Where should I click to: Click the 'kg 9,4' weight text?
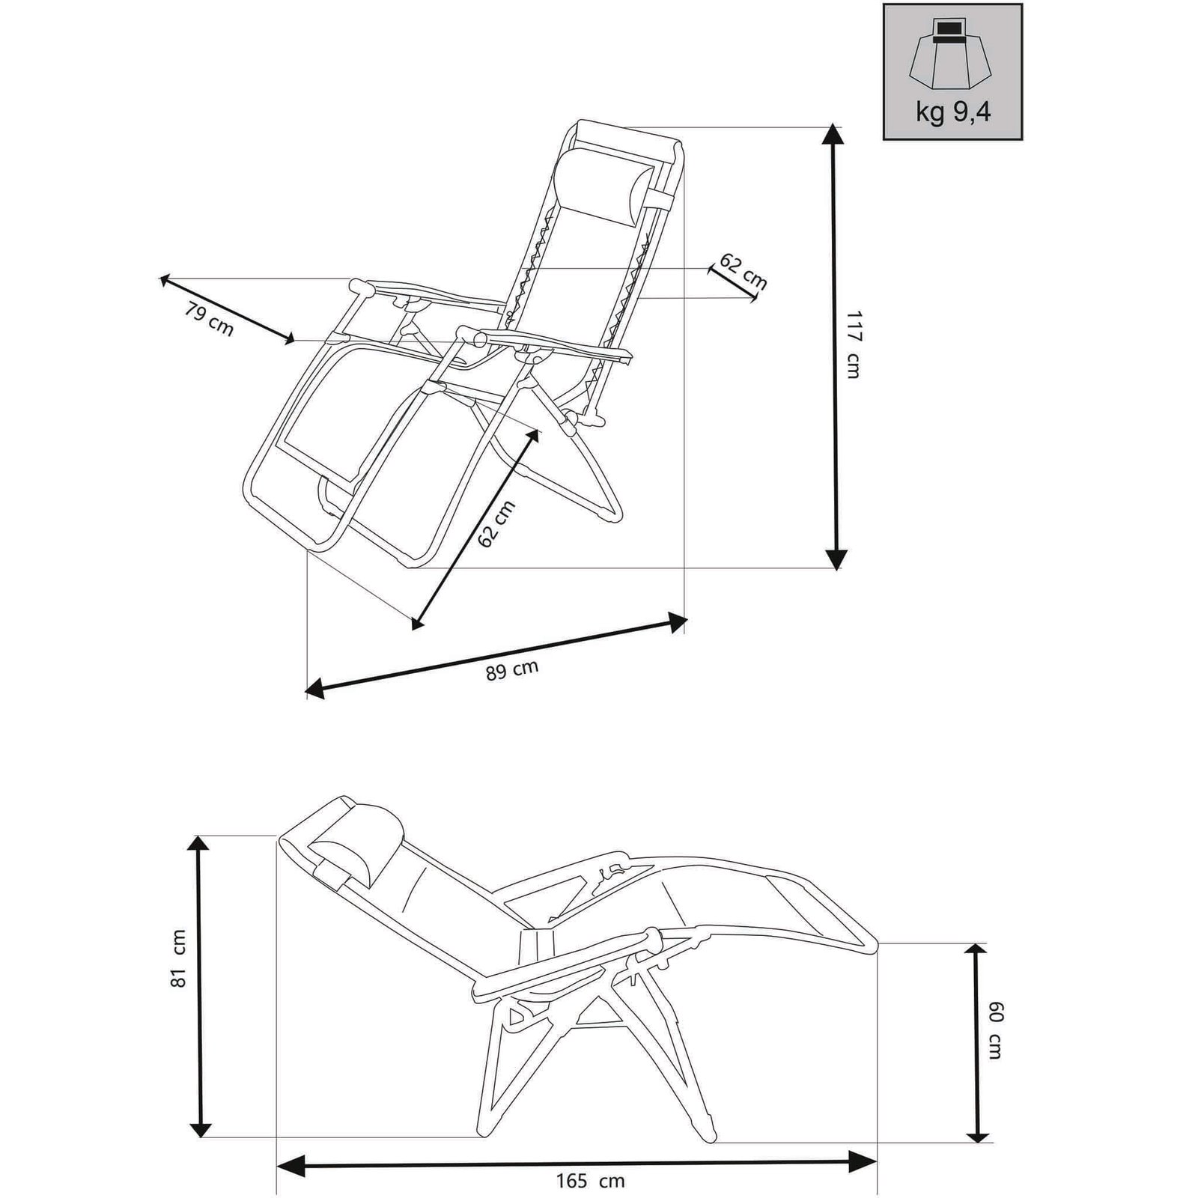click(952, 112)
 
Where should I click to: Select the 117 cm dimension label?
click(853, 344)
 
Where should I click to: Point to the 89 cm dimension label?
click(512, 669)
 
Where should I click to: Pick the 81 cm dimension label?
click(178, 969)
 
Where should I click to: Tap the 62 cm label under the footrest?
click(496, 523)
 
